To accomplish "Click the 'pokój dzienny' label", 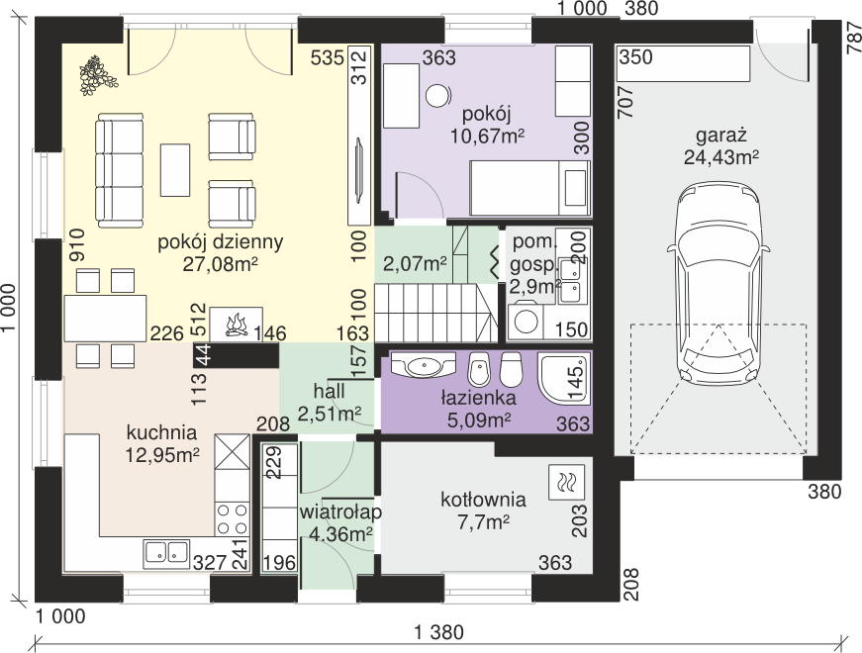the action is coord(221,241).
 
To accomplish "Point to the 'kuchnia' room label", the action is coord(161,432).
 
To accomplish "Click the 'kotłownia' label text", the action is coord(483,500).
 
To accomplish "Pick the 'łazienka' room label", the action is coord(479,398).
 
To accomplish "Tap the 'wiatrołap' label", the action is coord(340,513).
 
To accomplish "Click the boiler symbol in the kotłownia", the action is coord(566,483).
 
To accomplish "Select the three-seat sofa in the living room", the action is coord(120,170).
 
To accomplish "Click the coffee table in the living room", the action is coord(175,170).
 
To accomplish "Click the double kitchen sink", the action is coord(166,553).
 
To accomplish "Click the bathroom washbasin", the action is coord(423,364).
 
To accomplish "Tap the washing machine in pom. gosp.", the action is coord(525,323).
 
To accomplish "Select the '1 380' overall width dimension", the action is coord(438,632).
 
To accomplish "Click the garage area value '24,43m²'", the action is coord(721,157).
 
